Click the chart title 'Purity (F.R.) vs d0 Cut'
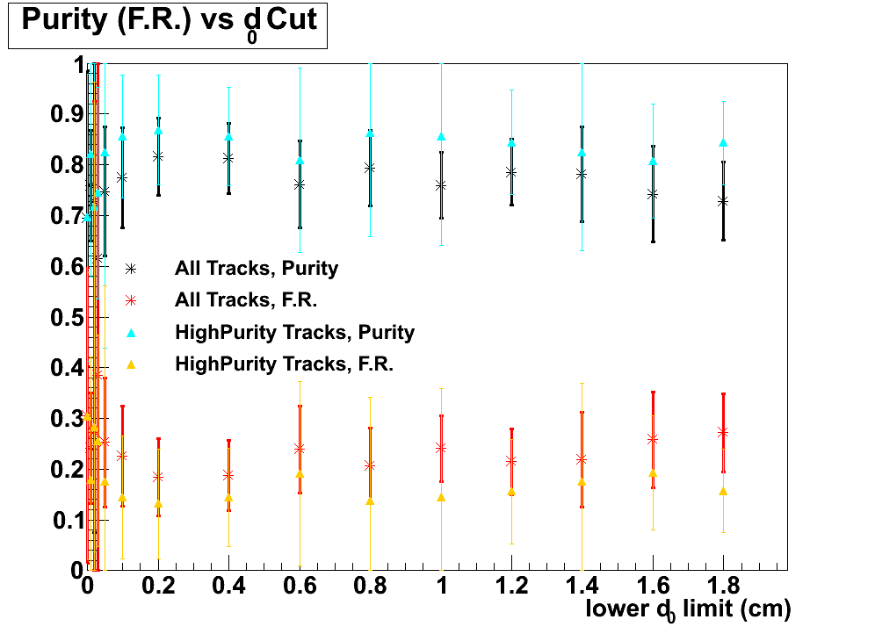pos(168,23)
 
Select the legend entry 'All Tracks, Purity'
pos(256,268)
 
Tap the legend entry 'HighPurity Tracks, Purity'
pos(294,333)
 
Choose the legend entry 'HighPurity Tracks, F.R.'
pos(284,364)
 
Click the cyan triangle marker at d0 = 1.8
pos(723,142)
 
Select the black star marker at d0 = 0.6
pos(300,184)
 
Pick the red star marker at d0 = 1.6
pos(653,439)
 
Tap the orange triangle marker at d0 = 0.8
pos(370,501)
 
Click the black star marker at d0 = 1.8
pos(723,201)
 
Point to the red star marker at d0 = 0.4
pos(228,475)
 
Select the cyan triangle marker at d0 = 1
pos(441,137)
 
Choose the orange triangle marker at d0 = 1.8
pos(723,491)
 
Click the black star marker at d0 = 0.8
pos(370,168)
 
